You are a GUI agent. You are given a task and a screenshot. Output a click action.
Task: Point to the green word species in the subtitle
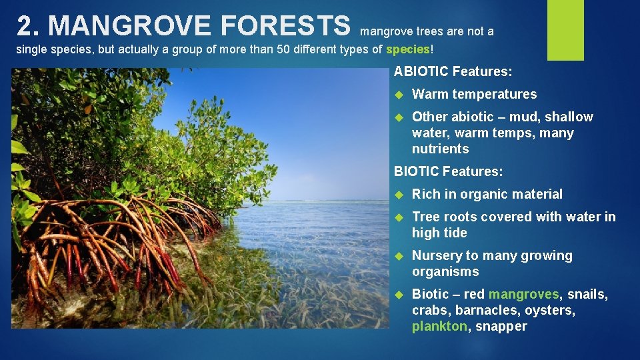tap(408, 49)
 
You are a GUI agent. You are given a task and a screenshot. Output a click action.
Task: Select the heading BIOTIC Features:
tap(448, 171)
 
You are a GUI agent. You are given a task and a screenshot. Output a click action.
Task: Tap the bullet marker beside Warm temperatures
tap(399, 95)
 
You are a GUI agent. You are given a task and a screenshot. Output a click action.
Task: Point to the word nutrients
tap(440, 149)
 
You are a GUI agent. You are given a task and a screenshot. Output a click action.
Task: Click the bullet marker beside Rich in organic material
tap(399, 195)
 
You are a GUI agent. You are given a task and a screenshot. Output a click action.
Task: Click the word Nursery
tap(437, 255)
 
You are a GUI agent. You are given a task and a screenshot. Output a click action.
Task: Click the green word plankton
tap(439, 326)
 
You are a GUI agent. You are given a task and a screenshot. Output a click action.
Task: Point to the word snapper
tap(501, 326)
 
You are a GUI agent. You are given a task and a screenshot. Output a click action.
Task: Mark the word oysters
tap(550, 310)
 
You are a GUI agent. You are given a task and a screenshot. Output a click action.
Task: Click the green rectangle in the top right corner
tap(565, 29)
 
